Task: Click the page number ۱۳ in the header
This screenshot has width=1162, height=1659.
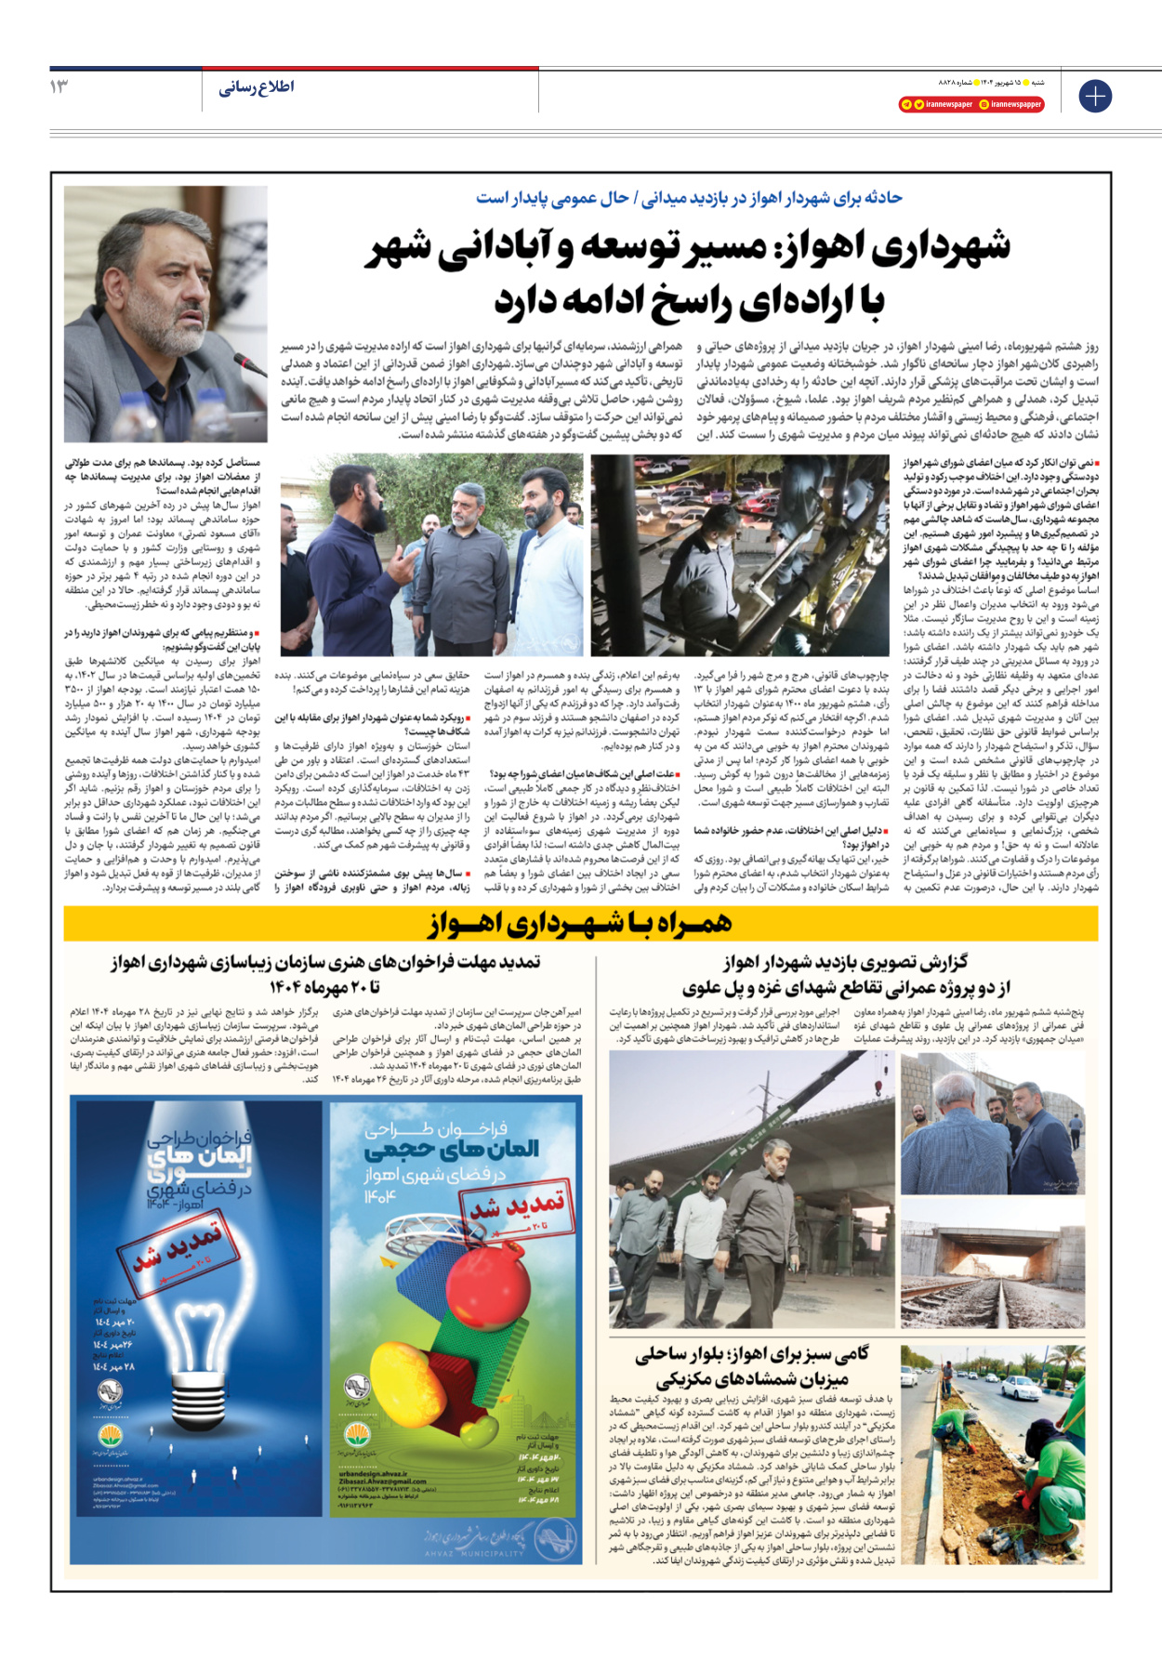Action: (x=59, y=86)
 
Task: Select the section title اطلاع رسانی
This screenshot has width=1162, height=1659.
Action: (x=257, y=87)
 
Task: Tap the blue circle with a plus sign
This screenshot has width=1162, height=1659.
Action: (x=1095, y=96)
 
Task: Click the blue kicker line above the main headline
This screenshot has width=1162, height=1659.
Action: (x=689, y=198)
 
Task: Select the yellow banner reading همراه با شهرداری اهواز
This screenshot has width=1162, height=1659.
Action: (x=581, y=923)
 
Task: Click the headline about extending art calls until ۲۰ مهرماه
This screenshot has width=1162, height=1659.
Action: (x=324, y=973)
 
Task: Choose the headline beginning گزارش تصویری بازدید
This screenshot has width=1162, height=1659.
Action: (x=845, y=973)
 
